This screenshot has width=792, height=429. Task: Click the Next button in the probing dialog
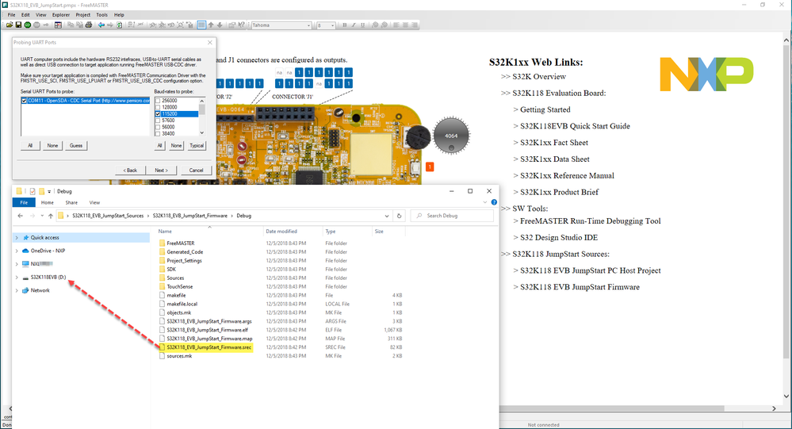[x=161, y=170]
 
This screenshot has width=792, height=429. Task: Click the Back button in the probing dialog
[x=129, y=170]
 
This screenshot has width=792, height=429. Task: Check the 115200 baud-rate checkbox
[x=158, y=114]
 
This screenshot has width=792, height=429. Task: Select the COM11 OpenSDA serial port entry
[x=85, y=101]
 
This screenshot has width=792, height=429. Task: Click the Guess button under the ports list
[x=75, y=146]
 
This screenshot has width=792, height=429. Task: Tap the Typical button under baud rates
[x=197, y=146]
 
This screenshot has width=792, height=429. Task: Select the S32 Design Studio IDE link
[x=559, y=238]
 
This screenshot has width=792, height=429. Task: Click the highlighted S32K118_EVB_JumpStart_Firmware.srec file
[x=209, y=347]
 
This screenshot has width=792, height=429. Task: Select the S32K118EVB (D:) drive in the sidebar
[x=48, y=278]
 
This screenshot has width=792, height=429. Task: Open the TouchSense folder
[x=180, y=286]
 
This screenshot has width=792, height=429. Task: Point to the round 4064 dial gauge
[x=450, y=134]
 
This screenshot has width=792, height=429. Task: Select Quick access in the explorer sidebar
[x=45, y=237]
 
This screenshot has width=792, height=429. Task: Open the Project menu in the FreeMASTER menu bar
[x=82, y=14]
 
